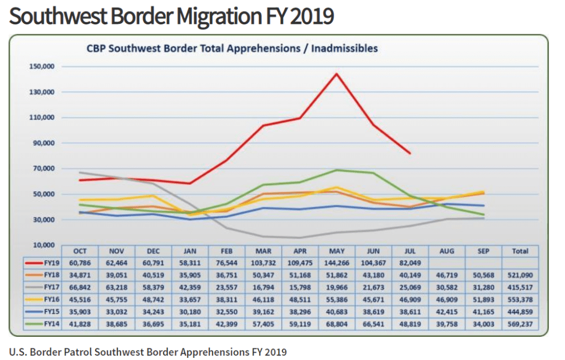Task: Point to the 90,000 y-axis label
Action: pos(43,143)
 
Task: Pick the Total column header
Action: pos(520,251)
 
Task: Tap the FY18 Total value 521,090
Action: pos(520,275)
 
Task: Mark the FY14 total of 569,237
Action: pos(520,324)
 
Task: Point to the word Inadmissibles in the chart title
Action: pos(344,48)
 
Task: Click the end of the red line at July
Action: pos(410,153)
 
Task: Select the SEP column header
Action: pos(483,251)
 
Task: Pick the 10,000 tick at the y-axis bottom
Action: pos(43,245)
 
